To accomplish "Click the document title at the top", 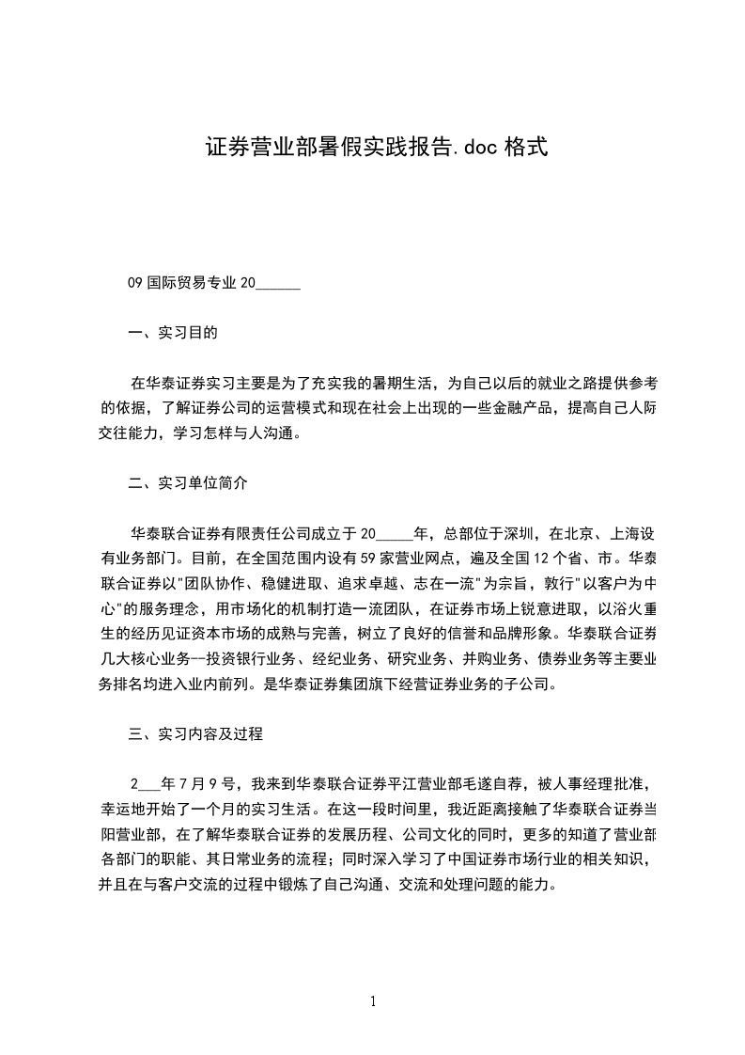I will coord(375,148).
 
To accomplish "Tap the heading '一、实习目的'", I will coord(173,333).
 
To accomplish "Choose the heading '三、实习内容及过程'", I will coord(195,735).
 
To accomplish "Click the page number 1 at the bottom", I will coord(373,1000).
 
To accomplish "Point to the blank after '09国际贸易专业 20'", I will coord(278,283).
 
